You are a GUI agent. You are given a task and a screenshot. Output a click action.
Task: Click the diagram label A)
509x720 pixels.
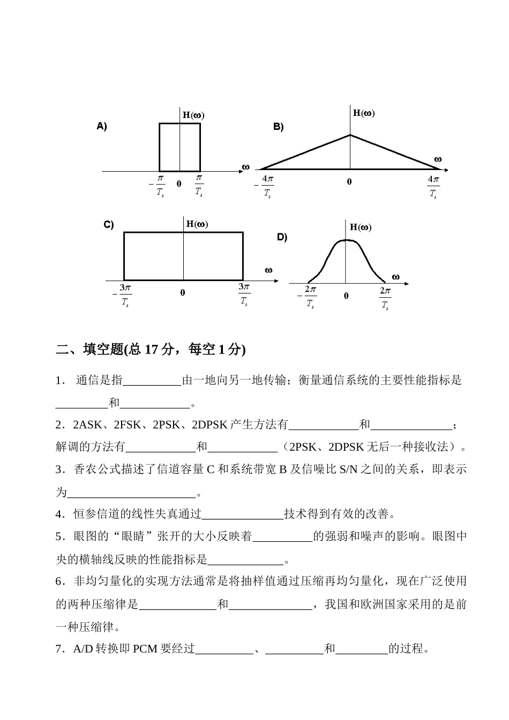(x=101, y=127)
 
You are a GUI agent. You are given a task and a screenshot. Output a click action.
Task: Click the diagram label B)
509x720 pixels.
(x=278, y=127)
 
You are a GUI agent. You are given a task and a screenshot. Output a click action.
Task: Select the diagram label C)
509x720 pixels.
(x=108, y=225)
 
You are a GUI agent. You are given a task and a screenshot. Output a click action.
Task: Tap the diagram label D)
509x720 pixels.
(x=282, y=237)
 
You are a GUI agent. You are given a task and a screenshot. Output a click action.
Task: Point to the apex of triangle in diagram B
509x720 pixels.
(x=350, y=135)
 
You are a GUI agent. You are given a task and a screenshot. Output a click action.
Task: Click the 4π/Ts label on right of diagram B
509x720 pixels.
(x=433, y=186)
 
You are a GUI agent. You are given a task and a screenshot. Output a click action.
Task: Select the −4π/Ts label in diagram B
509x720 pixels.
(x=265, y=186)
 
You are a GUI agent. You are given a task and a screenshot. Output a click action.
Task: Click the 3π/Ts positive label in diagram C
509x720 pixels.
(x=244, y=294)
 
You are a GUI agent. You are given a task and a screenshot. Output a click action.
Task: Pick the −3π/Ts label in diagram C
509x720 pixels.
(x=123, y=295)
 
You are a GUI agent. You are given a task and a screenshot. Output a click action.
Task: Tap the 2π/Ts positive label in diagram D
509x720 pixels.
(x=385, y=297)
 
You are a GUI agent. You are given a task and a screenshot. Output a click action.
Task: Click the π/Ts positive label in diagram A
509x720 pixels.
(x=199, y=185)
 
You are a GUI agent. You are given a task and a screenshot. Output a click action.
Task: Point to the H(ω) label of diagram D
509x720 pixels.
(x=360, y=227)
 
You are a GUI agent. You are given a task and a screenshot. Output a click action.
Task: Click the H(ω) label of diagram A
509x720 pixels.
(x=193, y=115)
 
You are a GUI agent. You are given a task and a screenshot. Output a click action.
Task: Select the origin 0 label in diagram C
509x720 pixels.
(x=183, y=292)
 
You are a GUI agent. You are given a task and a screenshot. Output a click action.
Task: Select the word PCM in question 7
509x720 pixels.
(x=145, y=649)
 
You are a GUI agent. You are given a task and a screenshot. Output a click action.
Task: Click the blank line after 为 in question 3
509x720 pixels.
(x=132, y=492)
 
